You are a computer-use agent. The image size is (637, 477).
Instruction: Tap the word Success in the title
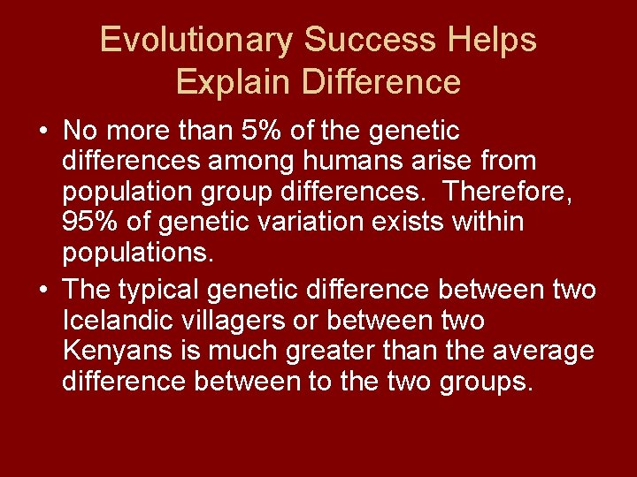368,41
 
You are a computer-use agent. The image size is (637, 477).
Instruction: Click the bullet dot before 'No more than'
43,132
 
